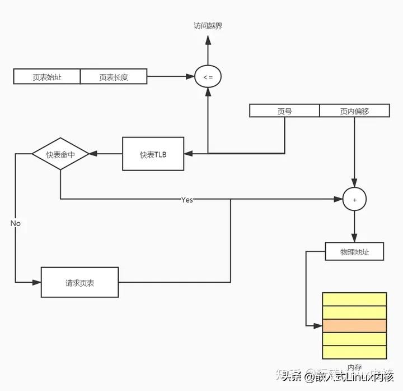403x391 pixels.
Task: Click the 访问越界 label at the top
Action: [x=208, y=26]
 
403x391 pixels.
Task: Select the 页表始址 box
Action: [x=47, y=77]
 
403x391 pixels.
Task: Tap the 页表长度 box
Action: [x=114, y=77]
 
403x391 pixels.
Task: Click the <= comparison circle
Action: [x=208, y=77]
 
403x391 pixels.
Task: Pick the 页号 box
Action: [x=284, y=111]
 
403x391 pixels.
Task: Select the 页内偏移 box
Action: [x=354, y=111]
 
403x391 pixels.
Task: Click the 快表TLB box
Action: [x=153, y=154]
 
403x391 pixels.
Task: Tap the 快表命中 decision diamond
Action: [x=60, y=154]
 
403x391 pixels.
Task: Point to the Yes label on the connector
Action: [x=187, y=199]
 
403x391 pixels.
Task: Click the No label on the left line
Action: [x=15, y=223]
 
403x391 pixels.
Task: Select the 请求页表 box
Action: [x=79, y=282]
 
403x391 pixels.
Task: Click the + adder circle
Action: [x=354, y=199]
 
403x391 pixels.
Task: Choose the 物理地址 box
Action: [x=354, y=252]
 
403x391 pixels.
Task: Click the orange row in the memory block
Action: [x=354, y=325]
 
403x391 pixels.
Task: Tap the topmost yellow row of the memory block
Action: [x=354, y=299]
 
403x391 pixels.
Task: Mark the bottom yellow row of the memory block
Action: [x=354, y=352]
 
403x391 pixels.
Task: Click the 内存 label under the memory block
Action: [x=354, y=367]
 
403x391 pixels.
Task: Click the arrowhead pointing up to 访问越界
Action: [x=208, y=40]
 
